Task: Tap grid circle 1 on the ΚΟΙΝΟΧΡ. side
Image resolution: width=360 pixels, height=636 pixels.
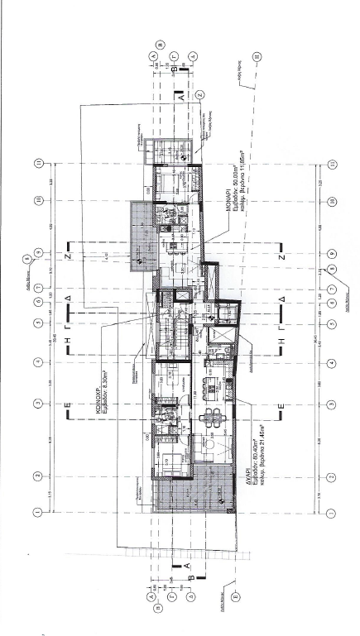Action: tap(37, 512)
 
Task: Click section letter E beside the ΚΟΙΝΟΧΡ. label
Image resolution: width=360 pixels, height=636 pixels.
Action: tap(69, 407)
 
